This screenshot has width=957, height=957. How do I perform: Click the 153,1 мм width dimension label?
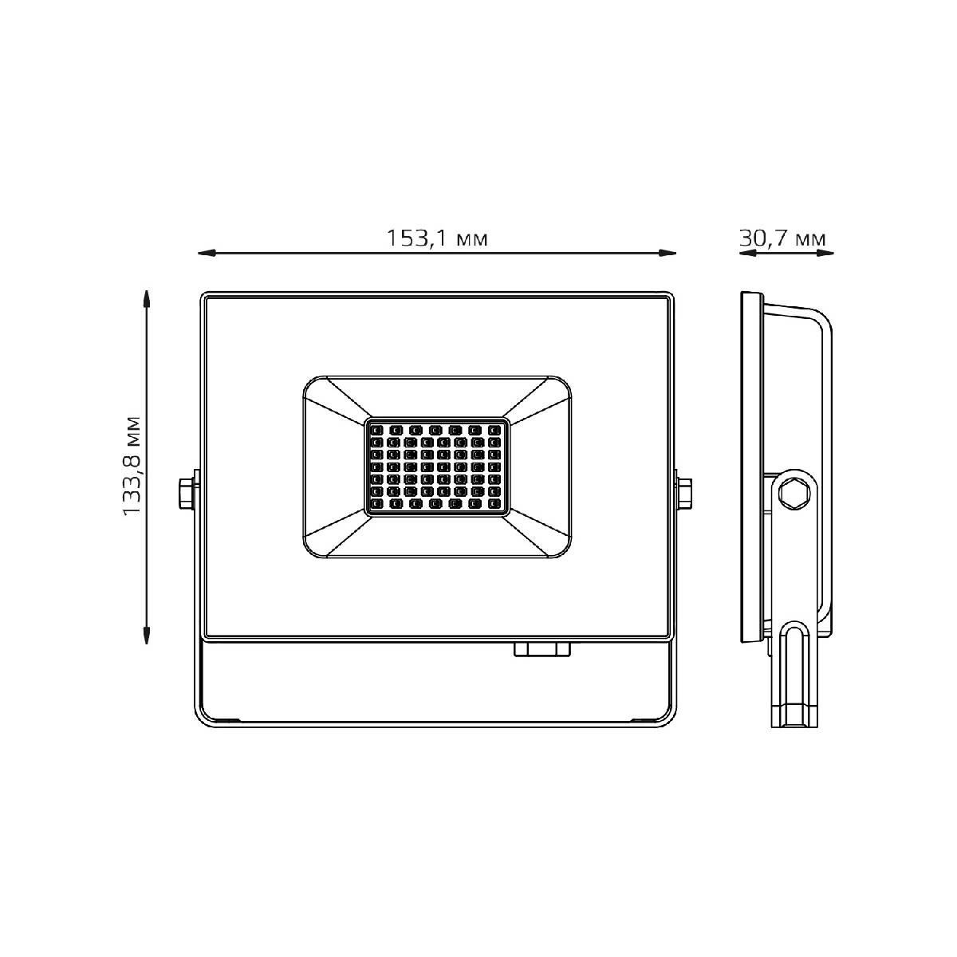pyautogui.click(x=437, y=239)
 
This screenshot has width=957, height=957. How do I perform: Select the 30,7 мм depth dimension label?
pyautogui.click(x=782, y=239)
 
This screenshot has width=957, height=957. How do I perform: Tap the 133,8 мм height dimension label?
pyautogui.click(x=132, y=466)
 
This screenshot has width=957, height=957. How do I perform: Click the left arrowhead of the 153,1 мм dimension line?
pyautogui.click(x=207, y=254)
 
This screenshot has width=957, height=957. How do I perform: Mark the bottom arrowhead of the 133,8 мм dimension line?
pyautogui.click(x=146, y=635)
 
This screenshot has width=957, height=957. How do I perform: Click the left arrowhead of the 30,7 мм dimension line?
pyautogui.click(x=748, y=254)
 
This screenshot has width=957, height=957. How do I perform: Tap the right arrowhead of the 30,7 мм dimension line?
pyautogui.click(x=825, y=254)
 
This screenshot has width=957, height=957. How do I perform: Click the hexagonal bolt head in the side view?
pyautogui.click(x=794, y=492)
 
